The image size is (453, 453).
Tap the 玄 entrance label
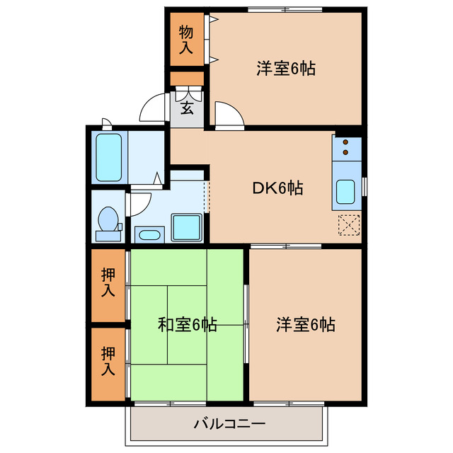[187, 108]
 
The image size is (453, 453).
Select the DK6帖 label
[278, 188]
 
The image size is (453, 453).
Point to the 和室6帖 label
[187, 325]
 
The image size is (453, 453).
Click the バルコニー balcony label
[229, 425]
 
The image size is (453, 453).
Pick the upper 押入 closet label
[108, 282]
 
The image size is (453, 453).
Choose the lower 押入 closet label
[108, 360]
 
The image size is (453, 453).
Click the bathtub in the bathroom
[110, 158]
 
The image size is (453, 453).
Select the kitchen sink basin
[346, 191]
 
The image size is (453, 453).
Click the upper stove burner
[346, 142]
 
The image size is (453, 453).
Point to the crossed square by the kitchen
[348, 223]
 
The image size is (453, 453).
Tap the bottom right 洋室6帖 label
[305, 325]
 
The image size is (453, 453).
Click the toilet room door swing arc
[138, 202]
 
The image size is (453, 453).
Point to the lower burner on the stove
[346, 151]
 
